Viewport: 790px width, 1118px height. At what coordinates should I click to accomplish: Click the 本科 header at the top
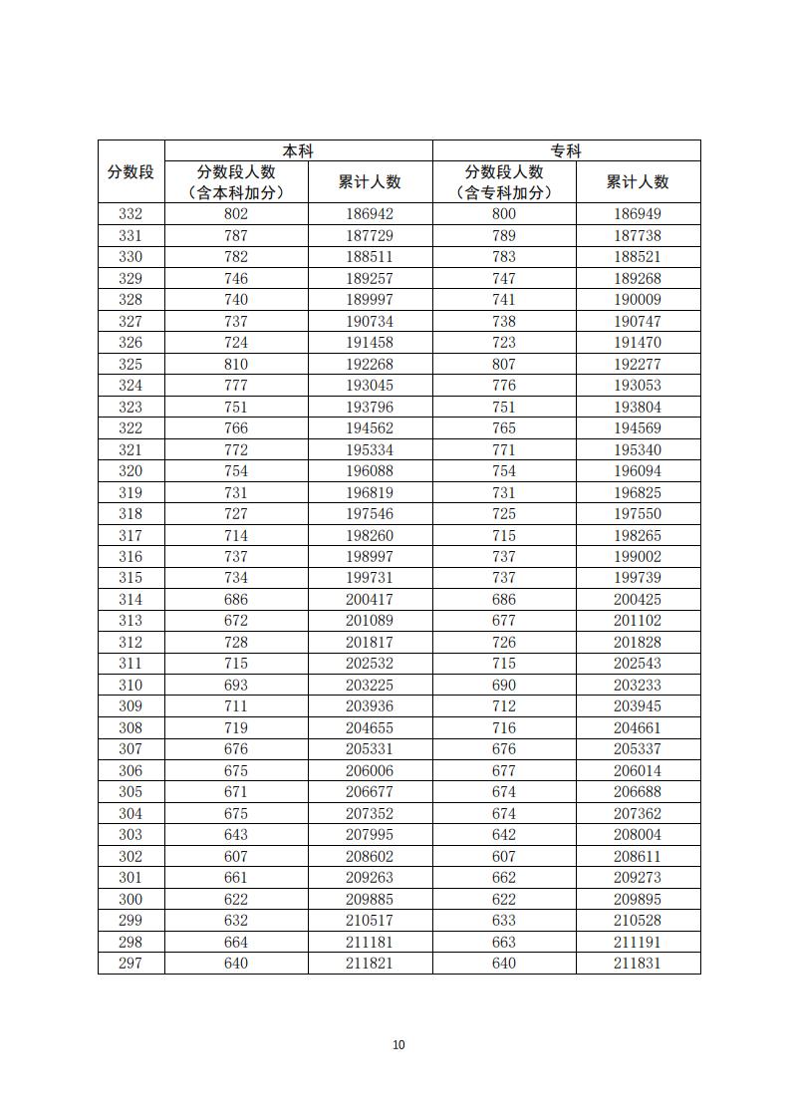point(298,151)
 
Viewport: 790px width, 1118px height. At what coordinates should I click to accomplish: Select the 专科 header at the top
point(566,151)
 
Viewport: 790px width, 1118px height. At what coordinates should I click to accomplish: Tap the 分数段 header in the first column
point(131,171)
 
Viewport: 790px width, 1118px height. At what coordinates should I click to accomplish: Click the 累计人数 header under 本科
point(370,181)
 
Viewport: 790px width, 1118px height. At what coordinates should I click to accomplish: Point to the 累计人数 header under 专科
point(638,181)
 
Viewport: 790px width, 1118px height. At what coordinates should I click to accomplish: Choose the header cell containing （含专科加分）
point(504,192)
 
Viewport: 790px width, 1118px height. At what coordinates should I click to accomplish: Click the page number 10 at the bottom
point(398,1044)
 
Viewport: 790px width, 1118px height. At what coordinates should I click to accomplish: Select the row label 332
point(131,214)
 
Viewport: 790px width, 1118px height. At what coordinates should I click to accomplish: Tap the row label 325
point(131,364)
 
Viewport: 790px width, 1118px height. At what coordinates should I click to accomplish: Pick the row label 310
point(131,685)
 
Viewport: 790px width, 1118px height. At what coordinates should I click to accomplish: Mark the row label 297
point(131,964)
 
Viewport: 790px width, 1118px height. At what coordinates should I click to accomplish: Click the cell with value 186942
point(370,214)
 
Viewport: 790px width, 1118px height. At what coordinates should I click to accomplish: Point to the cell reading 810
point(236,364)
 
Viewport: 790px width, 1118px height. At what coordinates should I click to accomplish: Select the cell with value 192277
point(638,364)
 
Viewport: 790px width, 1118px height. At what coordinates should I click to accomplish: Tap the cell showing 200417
point(370,599)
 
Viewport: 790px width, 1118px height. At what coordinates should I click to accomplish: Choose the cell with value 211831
point(638,964)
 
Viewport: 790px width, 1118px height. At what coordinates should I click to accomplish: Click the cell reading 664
point(236,942)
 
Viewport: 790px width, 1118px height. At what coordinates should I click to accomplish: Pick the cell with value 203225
point(370,685)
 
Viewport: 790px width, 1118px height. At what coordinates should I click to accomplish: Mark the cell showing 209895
point(638,899)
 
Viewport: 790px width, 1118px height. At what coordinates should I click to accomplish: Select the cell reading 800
point(504,214)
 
